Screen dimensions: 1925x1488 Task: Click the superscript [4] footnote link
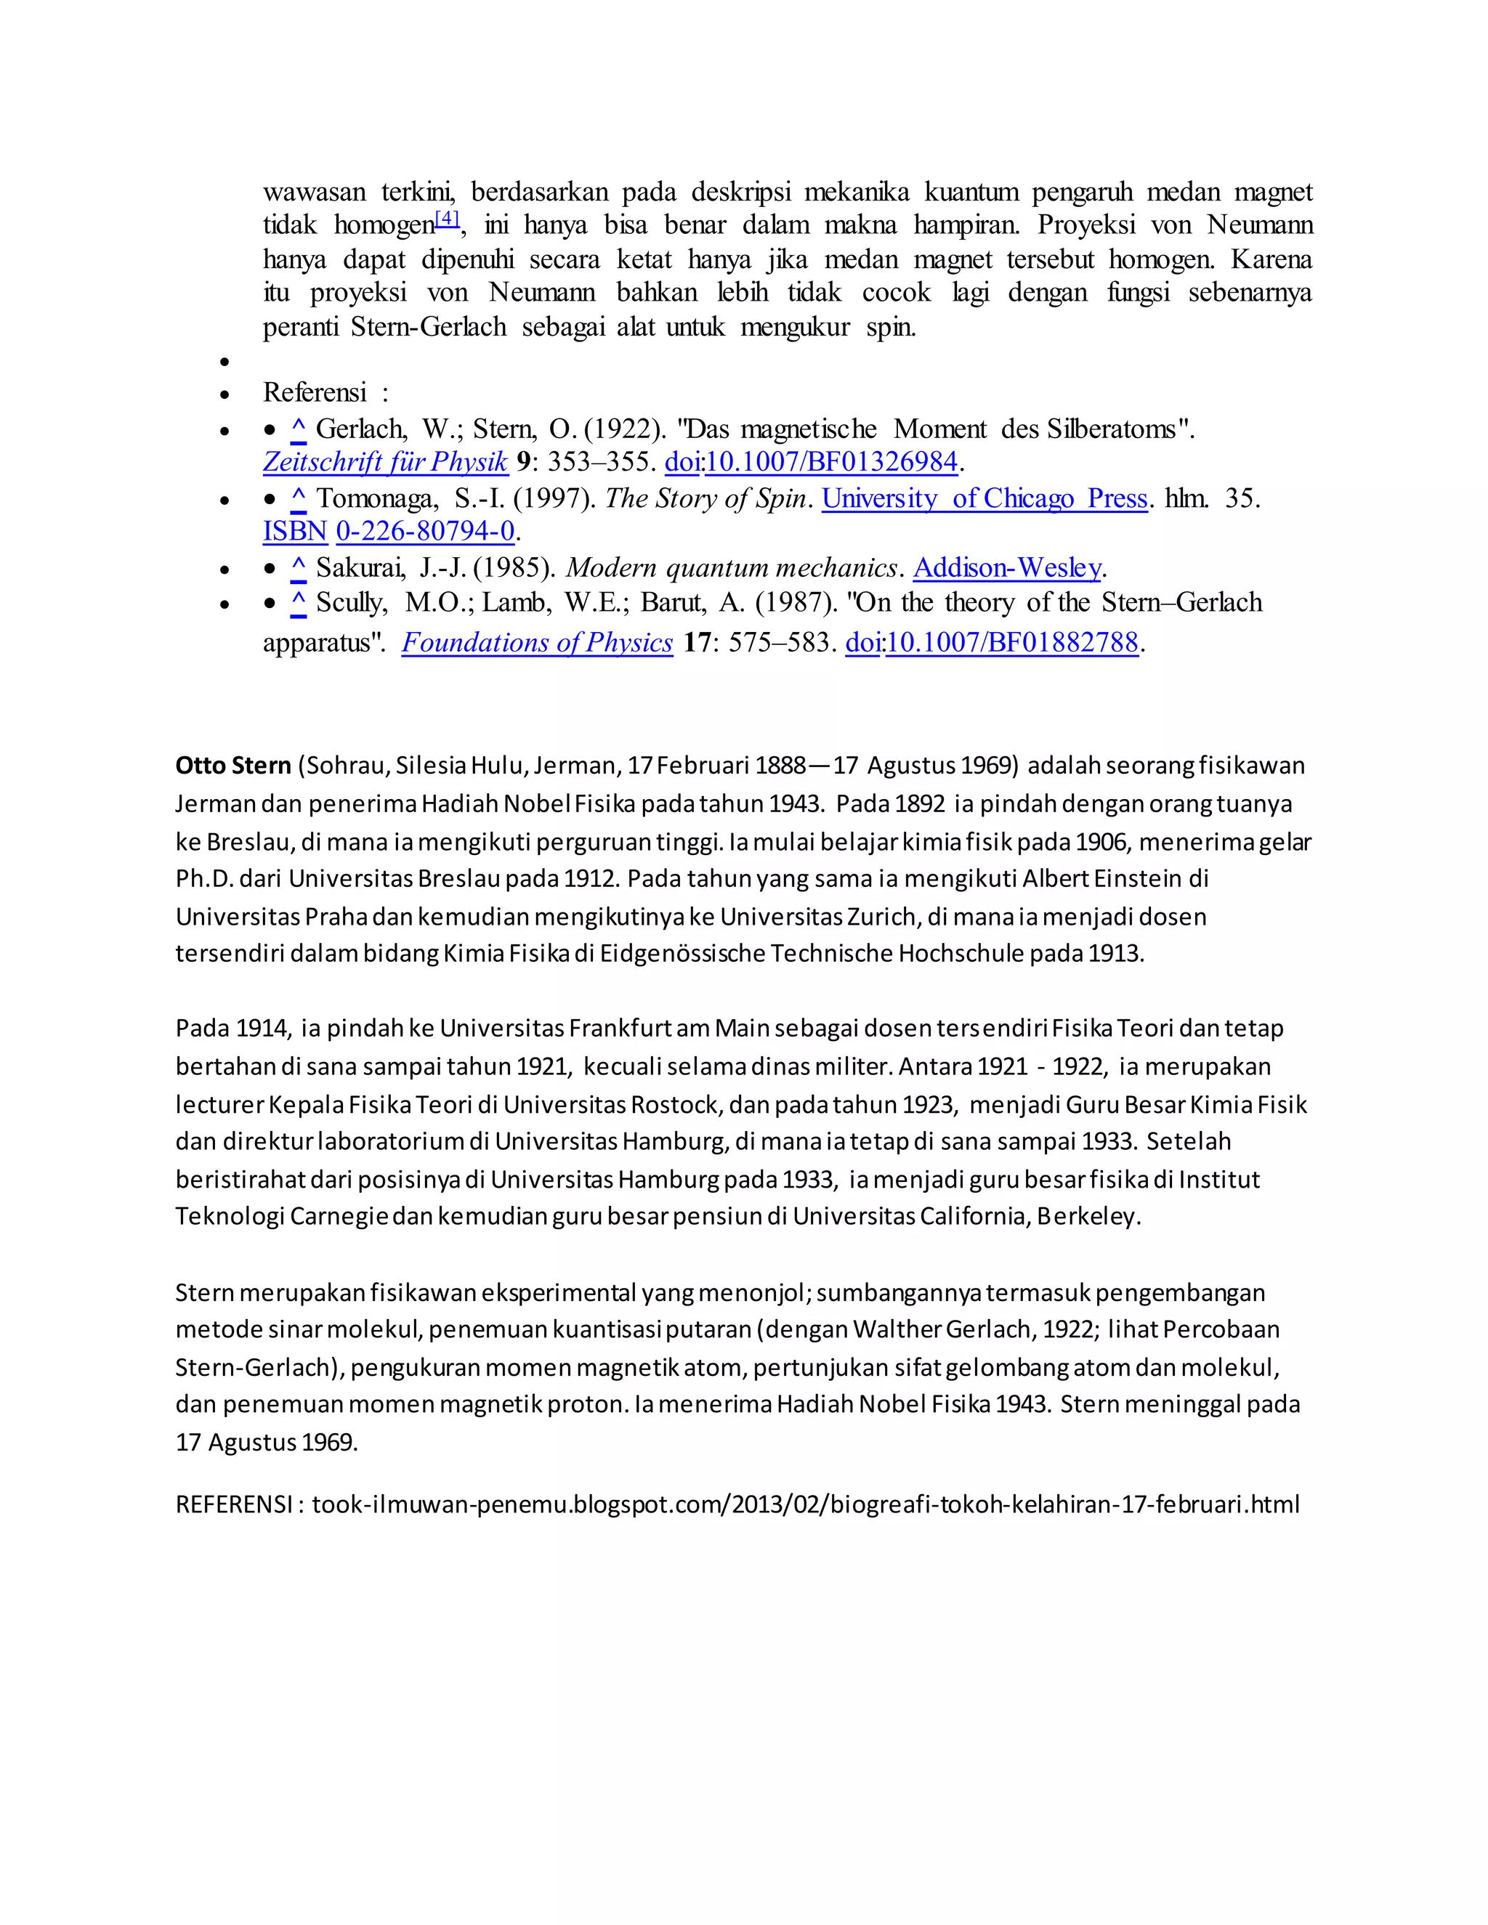tap(448, 218)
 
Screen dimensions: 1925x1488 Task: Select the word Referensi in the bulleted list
tap(315, 392)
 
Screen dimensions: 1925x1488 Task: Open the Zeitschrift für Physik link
tap(385, 462)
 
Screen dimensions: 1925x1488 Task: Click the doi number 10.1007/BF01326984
tap(831, 462)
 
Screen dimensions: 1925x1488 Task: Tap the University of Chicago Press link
tap(984, 499)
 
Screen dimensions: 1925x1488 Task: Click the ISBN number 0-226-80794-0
tap(425, 532)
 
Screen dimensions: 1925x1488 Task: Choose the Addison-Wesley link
tap(1007, 569)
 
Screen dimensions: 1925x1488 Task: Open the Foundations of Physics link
tap(537, 643)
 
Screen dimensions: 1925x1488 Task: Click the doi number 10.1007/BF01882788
tap(1012, 643)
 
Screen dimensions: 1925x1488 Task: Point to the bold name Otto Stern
tap(232, 765)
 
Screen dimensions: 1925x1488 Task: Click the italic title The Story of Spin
tap(706, 499)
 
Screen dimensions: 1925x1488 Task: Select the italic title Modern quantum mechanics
tap(732, 569)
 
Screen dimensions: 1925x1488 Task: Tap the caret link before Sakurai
tap(298, 570)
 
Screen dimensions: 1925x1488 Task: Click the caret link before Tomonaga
tap(298, 500)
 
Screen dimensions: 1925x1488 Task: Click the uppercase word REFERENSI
tap(234, 1504)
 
